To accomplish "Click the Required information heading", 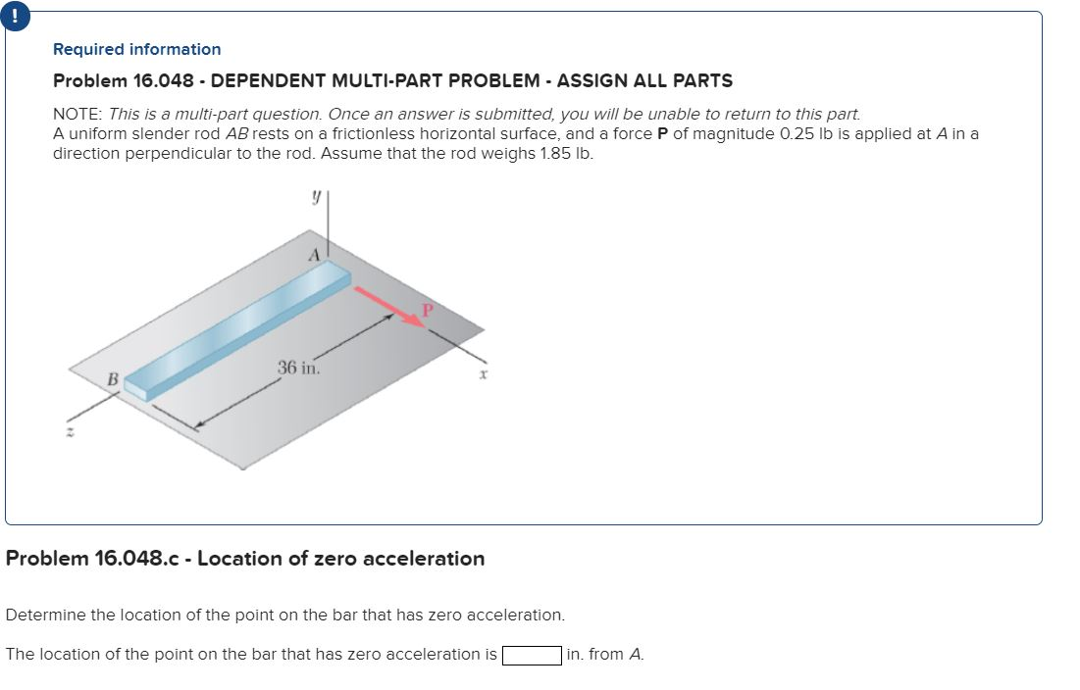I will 136,49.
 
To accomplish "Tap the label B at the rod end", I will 112,377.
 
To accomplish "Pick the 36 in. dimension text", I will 298,369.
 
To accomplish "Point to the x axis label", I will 484,375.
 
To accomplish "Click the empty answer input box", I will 532,655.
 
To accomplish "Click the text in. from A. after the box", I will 605,655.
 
